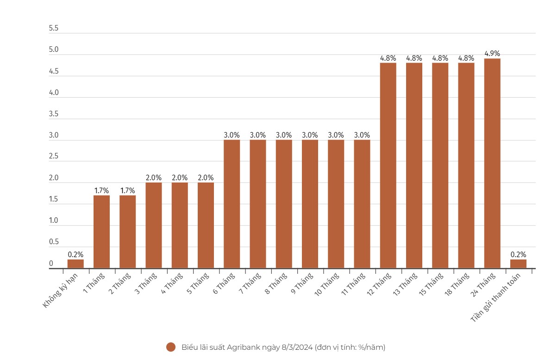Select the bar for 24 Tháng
(x=492, y=163)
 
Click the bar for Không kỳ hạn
(x=75, y=264)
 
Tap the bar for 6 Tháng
(x=232, y=204)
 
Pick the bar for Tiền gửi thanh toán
(x=518, y=264)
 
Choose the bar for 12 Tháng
(x=388, y=165)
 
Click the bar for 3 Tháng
(x=154, y=225)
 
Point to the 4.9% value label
(x=492, y=54)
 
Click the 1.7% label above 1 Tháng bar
(x=101, y=190)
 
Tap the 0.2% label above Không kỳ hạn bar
(x=75, y=254)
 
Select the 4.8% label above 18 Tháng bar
(x=466, y=58)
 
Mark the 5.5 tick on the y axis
(x=54, y=29)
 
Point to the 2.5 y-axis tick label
(x=54, y=157)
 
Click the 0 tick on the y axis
(x=51, y=264)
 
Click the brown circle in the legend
(x=171, y=347)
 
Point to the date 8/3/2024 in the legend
(x=296, y=347)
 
